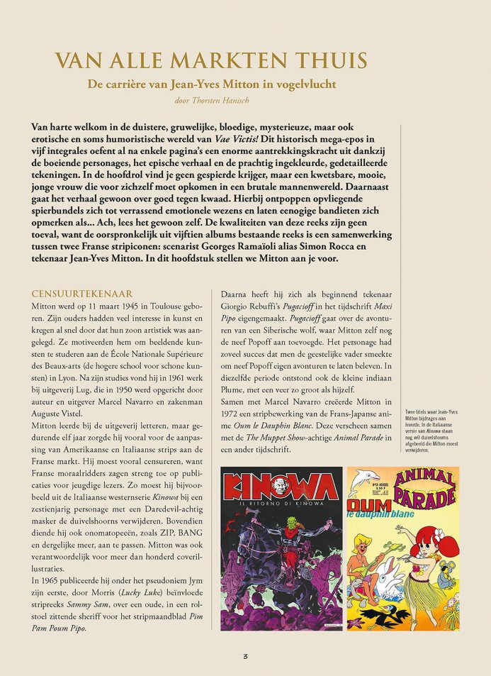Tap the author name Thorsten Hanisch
point(235,99)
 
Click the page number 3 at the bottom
point(245,656)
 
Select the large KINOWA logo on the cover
point(281,492)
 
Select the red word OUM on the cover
point(363,507)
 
